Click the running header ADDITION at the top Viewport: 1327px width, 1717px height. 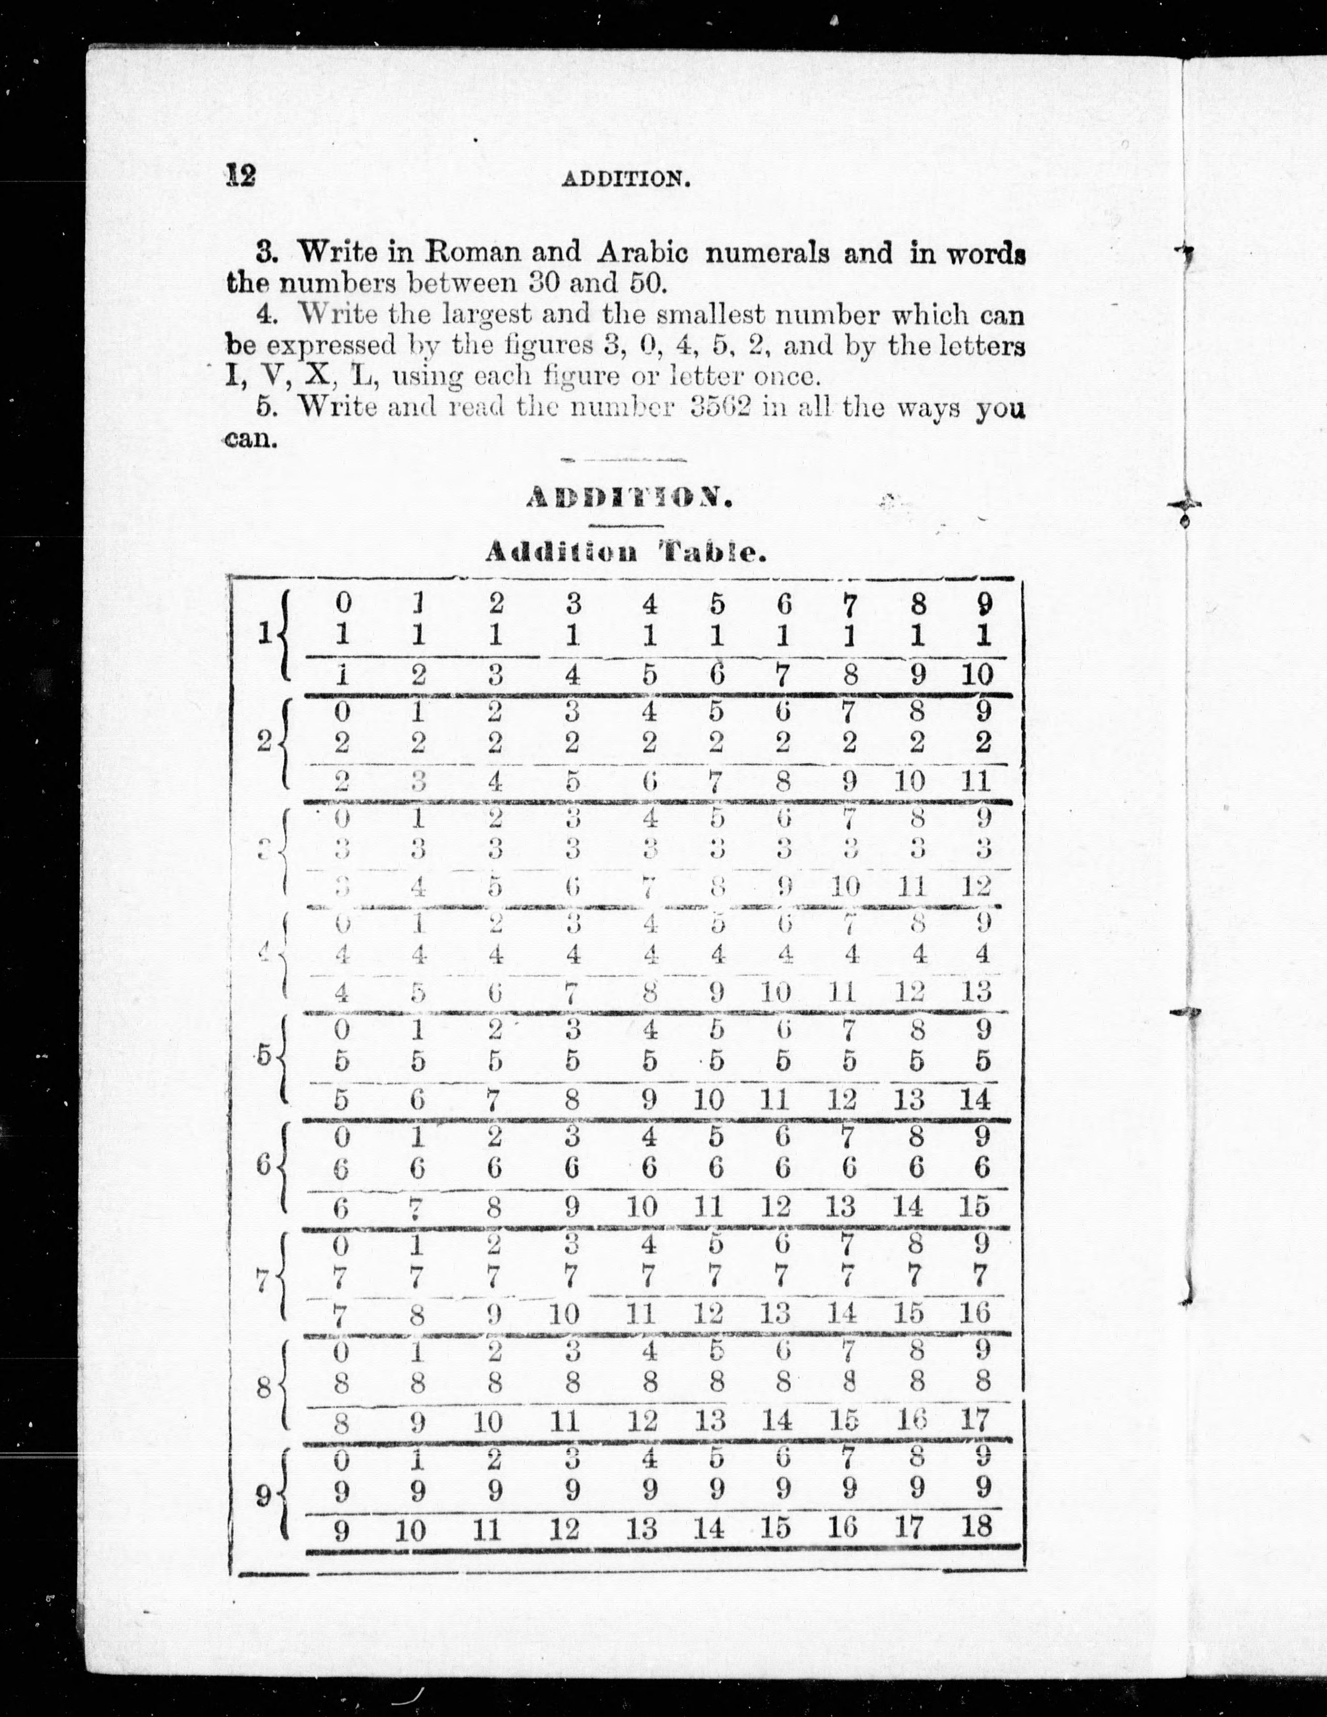[627, 179]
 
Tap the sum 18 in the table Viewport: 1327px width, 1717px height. [977, 1527]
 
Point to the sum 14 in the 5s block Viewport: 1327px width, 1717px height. [975, 1098]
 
